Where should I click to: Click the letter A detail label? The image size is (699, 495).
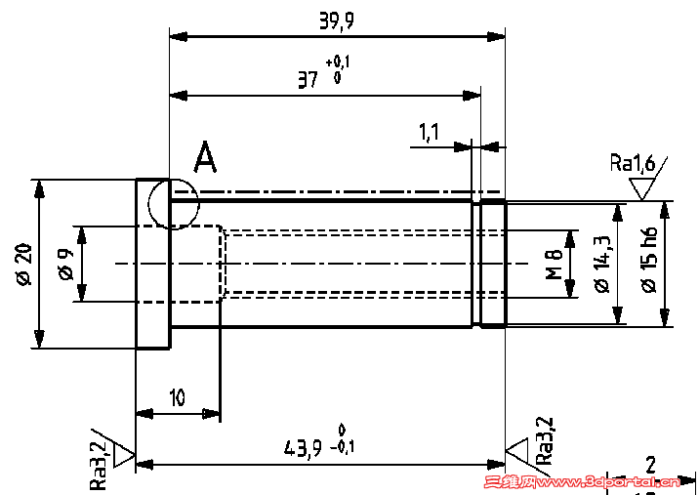205,156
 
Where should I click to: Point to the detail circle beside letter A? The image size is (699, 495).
174,204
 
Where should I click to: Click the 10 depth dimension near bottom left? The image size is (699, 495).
177,398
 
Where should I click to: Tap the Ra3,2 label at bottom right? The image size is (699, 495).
544,440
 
